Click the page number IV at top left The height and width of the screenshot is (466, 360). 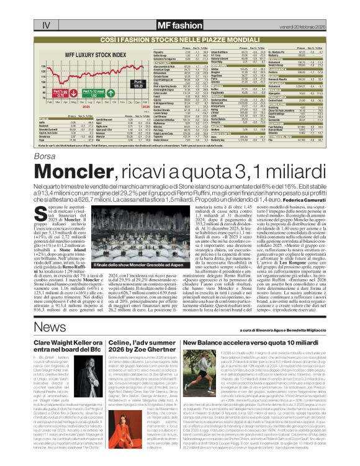(x=12, y=8)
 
